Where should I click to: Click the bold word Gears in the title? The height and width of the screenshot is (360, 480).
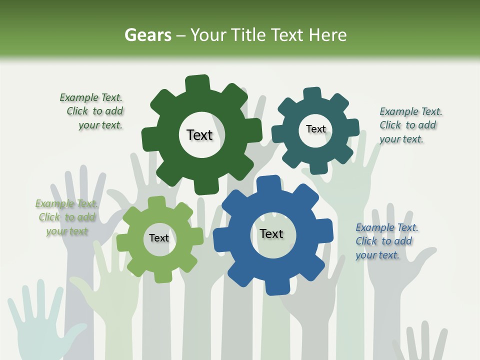click(147, 35)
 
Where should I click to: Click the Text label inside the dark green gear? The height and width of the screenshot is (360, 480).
click(199, 135)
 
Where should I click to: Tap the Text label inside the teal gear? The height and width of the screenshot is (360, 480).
click(315, 129)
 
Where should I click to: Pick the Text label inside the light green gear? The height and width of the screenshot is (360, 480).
click(159, 238)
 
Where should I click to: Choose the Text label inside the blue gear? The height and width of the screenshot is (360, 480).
click(271, 233)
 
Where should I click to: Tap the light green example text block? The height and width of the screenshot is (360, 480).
click(66, 217)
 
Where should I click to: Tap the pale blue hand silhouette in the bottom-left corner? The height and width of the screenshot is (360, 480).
click(40, 320)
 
